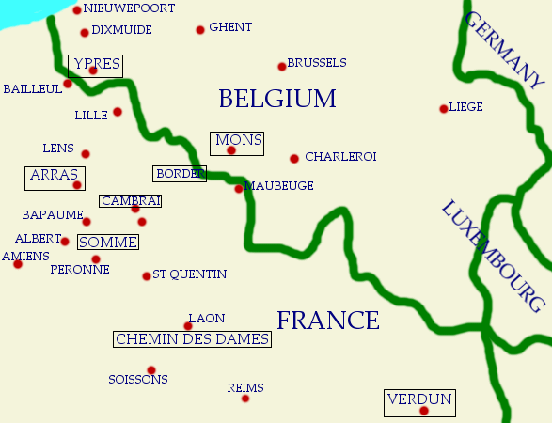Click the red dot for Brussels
[x=281, y=66]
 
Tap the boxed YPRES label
[x=95, y=64]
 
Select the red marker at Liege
[x=443, y=109]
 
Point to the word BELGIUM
[x=276, y=99]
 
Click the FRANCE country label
[x=327, y=321]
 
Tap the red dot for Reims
[x=245, y=399]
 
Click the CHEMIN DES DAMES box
[x=192, y=339]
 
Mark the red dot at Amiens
[x=17, y=264]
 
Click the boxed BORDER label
[x=179, y=174]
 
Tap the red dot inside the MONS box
[x=231, y=149]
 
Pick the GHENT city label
[x=230, y=27]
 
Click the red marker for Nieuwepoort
[x=77, y=10]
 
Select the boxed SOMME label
[x=108, y=243]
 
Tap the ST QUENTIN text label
[x=189, y=274]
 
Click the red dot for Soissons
[x=151, y=369]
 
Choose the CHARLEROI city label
[x=340, y=157]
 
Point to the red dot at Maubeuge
[x=239, y=189]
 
